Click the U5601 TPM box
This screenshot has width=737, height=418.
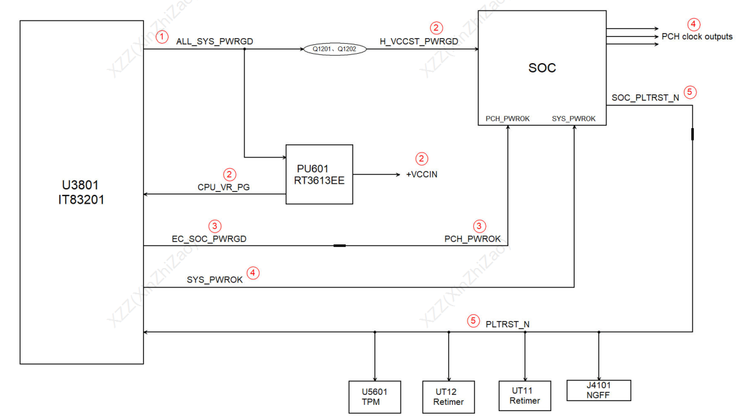(374, 397)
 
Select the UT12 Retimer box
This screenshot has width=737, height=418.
(448, 397)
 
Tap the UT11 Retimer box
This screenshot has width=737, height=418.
(524, 396)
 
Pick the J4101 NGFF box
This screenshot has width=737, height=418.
(598, 391)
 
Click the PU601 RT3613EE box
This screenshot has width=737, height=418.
(319, 174)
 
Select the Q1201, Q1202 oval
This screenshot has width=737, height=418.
(335, 49)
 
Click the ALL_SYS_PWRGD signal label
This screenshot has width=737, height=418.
(214, 41)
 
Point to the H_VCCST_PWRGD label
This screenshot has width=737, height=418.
(419, 41)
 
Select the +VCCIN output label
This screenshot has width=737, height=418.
(421, 174)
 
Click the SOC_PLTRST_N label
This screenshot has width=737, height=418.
(646, 97)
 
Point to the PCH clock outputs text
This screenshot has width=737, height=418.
(697, 37)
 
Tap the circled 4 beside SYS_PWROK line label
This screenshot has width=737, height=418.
(253, 272)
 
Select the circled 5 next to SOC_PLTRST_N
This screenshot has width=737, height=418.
(690, 92)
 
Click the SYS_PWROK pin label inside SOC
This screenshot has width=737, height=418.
(573, 118)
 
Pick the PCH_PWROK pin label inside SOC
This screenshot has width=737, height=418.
(508, 118)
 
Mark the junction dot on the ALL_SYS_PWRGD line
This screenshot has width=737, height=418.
(244, 49)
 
